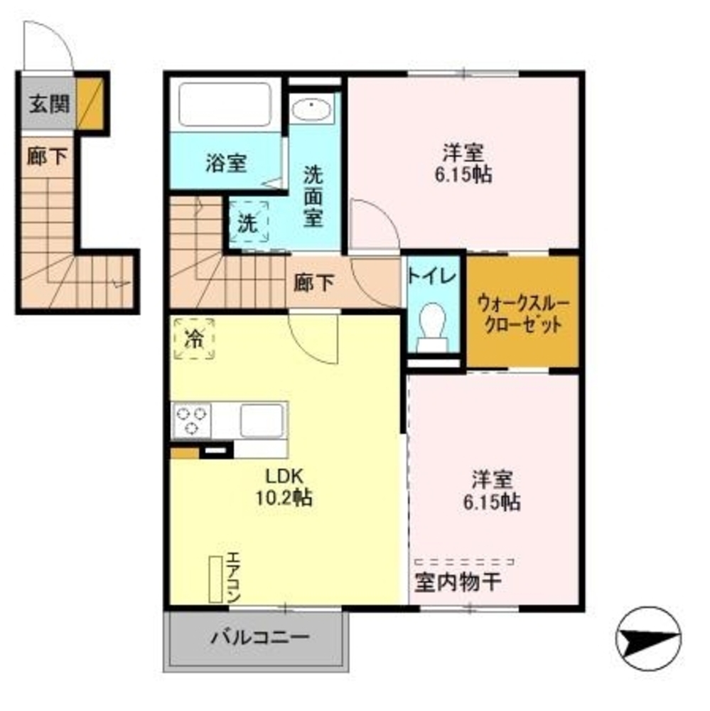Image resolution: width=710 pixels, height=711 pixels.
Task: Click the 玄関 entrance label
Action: (49, 105)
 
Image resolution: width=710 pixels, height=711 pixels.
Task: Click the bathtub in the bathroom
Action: (225, 104)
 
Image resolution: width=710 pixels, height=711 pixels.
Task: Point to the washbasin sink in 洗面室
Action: (311, 110)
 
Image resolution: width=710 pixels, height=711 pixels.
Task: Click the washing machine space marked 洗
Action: (248, 223)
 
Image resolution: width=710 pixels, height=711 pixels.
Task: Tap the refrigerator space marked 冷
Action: (193, 338)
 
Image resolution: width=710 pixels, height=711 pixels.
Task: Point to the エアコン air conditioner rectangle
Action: (215, 577)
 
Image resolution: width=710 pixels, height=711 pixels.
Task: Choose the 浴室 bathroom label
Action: (226, 163)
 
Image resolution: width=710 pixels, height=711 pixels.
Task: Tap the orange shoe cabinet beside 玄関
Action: (91, 103)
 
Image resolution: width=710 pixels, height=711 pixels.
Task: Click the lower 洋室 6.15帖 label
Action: (493, 490)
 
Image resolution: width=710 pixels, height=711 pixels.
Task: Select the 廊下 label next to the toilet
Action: (314, 283)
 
